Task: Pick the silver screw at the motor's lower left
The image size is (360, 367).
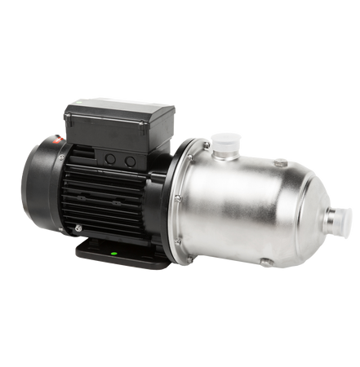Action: (x=78, y=228)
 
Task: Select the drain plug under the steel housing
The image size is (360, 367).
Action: (x=264, y=262)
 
